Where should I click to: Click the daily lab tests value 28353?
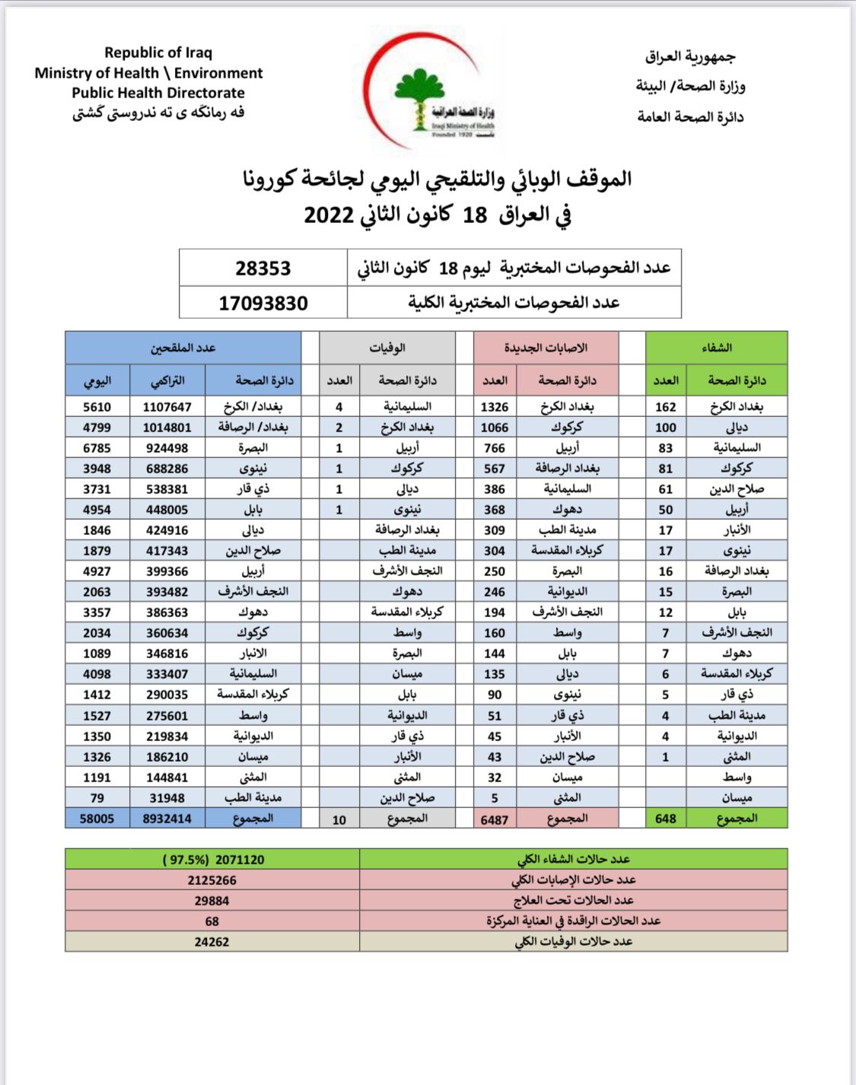(x=263, y=269)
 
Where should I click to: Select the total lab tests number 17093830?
(x=263, y=304)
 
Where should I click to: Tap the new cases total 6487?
(x=495, y=819)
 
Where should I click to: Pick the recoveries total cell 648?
(x=666, y=819)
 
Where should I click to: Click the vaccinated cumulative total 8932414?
(x=167, y=819)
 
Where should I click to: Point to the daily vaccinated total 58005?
(x=97, y=819)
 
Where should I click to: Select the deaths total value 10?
(x=339, y=819)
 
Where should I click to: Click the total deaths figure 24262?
(x=212, y=942)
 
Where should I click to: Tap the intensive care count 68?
(x=212, y=921)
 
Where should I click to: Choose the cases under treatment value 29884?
(x=212, y=901)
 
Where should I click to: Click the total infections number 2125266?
(x=212, y=880)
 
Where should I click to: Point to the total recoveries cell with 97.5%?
(x=213, y=860)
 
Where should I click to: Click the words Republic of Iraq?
(x=158, y=52)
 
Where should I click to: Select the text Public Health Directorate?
(x=158, y=93)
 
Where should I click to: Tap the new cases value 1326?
(x=495, y=407)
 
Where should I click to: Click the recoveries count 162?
(x=666, y=407)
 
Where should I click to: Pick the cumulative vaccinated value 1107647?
(x=167, y=407)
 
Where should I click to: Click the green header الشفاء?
(x=716, y=348)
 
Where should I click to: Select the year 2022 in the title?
(x=329, y=215)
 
